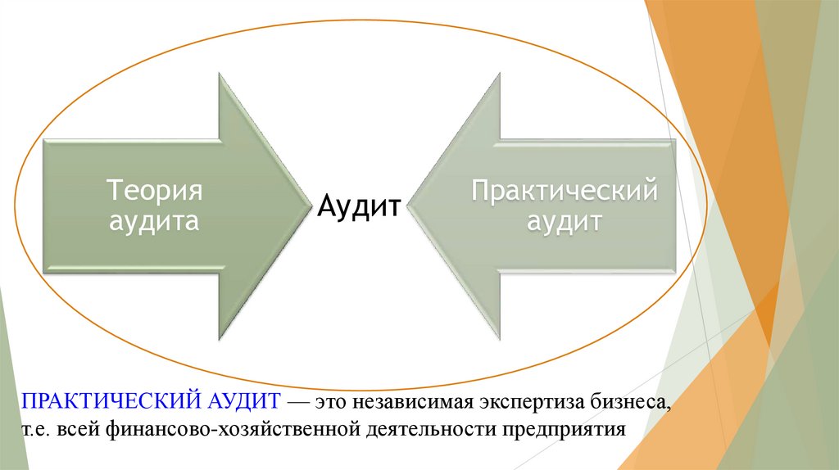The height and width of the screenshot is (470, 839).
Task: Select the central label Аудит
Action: [359, 205]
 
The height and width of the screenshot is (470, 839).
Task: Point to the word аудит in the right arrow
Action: [565, 221]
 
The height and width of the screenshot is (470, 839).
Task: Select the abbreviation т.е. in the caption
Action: [36, 430]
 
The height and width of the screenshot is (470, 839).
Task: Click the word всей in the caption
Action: [78, 430]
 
